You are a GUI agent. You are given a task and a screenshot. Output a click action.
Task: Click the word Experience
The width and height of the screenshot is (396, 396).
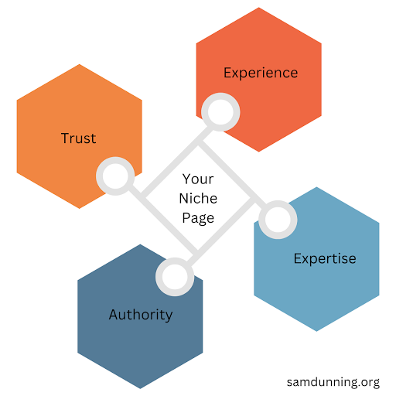click(261, 73)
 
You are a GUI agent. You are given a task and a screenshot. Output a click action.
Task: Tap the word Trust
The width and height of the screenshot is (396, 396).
click(79, 138)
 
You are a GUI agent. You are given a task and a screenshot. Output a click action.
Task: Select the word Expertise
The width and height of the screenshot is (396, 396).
click(325, 259)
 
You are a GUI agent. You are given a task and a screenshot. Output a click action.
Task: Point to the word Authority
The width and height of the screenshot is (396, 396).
click(141, 315)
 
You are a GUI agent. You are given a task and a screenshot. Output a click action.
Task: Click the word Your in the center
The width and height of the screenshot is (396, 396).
click(198, 179)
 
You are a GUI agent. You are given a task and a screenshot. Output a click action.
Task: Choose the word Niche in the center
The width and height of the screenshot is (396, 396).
click(198, 199)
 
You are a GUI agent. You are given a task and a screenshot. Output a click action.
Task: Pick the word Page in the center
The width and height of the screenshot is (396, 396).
click(198, 218)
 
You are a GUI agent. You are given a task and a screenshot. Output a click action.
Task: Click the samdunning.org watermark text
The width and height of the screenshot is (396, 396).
click(333, 382)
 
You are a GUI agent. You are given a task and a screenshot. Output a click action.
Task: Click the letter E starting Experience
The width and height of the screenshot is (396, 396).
click(227, 73)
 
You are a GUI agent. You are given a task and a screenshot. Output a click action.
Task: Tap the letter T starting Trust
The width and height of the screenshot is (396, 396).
click(66, 138)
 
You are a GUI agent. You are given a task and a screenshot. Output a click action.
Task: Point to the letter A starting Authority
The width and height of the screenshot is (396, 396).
click(114, 314)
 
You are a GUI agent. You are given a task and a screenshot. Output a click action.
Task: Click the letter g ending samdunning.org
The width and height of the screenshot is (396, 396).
click(376, 384)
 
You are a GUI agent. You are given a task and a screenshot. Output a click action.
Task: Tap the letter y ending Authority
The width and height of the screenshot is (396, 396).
click(169, 317)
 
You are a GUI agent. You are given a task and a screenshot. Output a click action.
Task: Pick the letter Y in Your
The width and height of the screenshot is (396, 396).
click(186, 179)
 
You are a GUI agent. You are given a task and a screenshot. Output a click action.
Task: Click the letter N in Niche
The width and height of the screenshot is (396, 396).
click(183, 199)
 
